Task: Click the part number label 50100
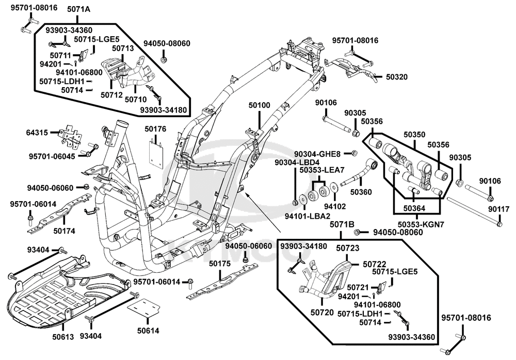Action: click(x=259, y=105)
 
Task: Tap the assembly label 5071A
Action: click(x=78, y=9)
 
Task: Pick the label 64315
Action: click(x=37, y=133)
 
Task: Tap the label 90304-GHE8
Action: click(x=317, y=154)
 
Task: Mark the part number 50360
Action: click(x=361, y=192)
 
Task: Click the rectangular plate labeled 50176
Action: click(x=155, y=153)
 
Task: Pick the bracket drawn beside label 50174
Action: click(x=64, y=209)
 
